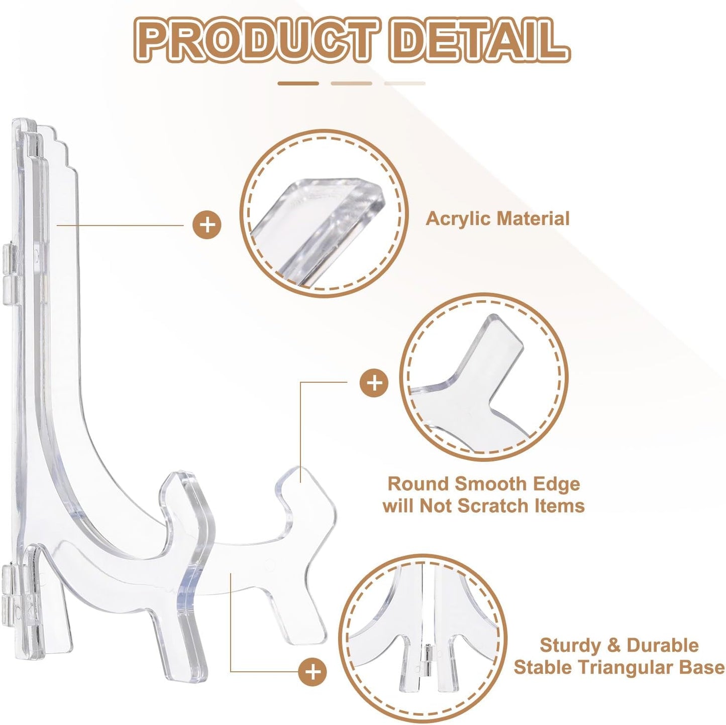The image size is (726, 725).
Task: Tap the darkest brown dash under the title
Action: (298, 83)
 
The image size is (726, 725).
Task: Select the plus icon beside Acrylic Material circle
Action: (207, 225)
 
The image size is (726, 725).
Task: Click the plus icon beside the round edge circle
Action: (374, 384)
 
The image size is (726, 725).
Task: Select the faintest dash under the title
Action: (404, 83)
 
